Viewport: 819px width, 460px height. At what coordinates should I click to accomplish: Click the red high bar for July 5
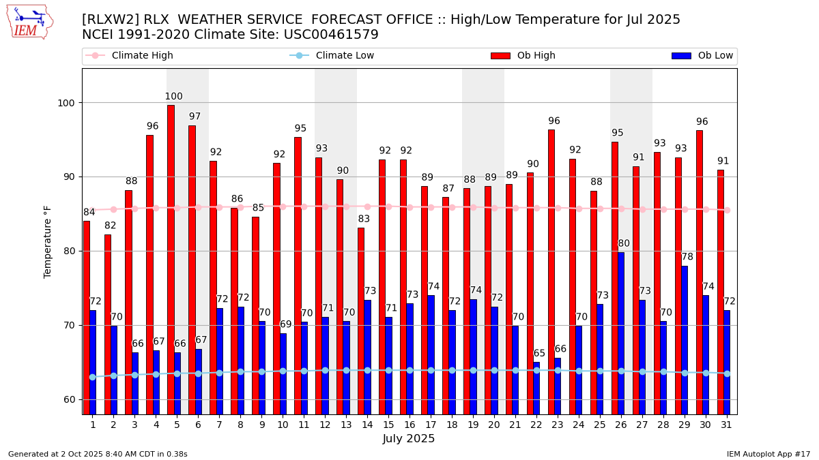pyautogui.click(x=171, y=259)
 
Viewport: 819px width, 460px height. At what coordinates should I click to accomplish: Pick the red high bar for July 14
pyautogui.click(x=361, y=320)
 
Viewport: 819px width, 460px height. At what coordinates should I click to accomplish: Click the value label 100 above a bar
pyautogui.click(x=173, y=97)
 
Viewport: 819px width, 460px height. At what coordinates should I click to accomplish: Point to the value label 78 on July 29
pyautogui.click(x=687, y=257)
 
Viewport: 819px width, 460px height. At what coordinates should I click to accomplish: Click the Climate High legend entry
pyautogui.click(x=142, y=56)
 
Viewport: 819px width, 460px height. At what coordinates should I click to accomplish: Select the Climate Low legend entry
pyautogui.click(x=345, y=56)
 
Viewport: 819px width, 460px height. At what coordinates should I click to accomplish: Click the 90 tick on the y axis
pyautogui.click(x=69, y=177)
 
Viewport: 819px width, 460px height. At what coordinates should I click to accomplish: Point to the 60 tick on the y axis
pyautogui.click(x=69, y=399)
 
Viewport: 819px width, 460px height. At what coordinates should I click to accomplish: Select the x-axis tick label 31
pyautogui.click(x=727, y=425)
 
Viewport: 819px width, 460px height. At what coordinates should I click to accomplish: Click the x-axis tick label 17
pyautogui.click(x=431, y=425)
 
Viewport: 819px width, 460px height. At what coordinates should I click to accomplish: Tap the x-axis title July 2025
pyautogui.click(x=409, y=439)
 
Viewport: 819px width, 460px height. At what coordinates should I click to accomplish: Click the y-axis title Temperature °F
pyautogui.click(x=48, y=241)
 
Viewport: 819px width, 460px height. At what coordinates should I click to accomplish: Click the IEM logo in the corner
pyautogui.click(x=29, y=22)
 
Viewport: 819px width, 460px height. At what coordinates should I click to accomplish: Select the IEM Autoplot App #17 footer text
pyautogui.click(x=768, y=454)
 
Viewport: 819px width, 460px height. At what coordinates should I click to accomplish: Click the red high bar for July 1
pyautogui.click(x=87, y=317)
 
